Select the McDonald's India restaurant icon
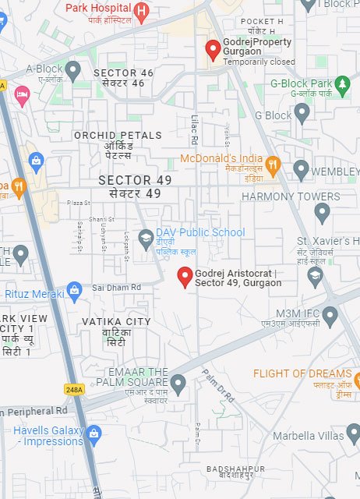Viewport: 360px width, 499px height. (272, 165)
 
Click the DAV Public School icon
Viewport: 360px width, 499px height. (145, 238)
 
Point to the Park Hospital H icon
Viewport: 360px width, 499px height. (140, 10)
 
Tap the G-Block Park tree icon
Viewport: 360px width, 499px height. (342, 83)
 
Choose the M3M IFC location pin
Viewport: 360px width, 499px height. (330, 316)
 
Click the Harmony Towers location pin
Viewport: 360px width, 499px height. (322, 211)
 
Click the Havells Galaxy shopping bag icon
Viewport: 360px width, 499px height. (94, 434)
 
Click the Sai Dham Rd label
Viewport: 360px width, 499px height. (116, 288)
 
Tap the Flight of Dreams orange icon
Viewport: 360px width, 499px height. (356, 380)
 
